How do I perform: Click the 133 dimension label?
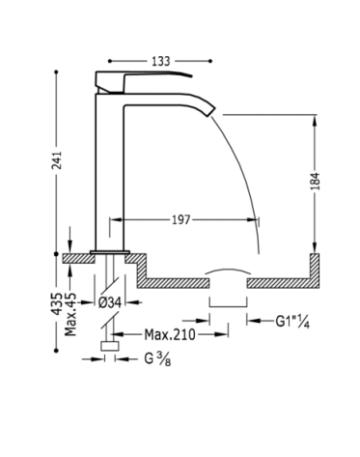161,61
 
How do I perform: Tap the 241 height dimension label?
57,160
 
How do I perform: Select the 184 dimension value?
316,181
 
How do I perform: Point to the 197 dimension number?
181,220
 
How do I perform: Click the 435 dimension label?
57,303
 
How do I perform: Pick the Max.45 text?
70,314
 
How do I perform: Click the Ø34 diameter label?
110,302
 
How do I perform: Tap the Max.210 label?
170,334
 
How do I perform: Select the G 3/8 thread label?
157,359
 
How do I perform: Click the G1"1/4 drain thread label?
292,322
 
